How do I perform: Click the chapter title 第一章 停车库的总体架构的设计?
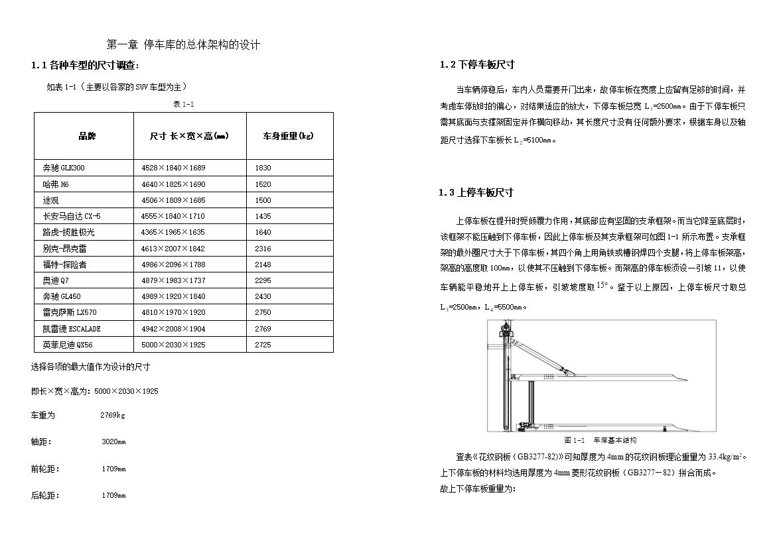tap(183, 45)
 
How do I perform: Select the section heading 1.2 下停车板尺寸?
tap(477, 65)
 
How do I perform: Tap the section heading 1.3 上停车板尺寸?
tap(476, 193)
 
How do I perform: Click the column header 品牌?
tap(87, 137)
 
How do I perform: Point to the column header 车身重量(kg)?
tap(288, 137)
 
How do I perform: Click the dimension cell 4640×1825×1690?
tap(173, 184)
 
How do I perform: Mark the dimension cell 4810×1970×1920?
tap(173, 312)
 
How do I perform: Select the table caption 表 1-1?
tap(183, 104)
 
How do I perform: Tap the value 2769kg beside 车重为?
tap(112, 416)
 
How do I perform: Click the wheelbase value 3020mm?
tap(113, 442)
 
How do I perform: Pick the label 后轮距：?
tap(45, 495)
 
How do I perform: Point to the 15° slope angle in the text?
tap(602, 285)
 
